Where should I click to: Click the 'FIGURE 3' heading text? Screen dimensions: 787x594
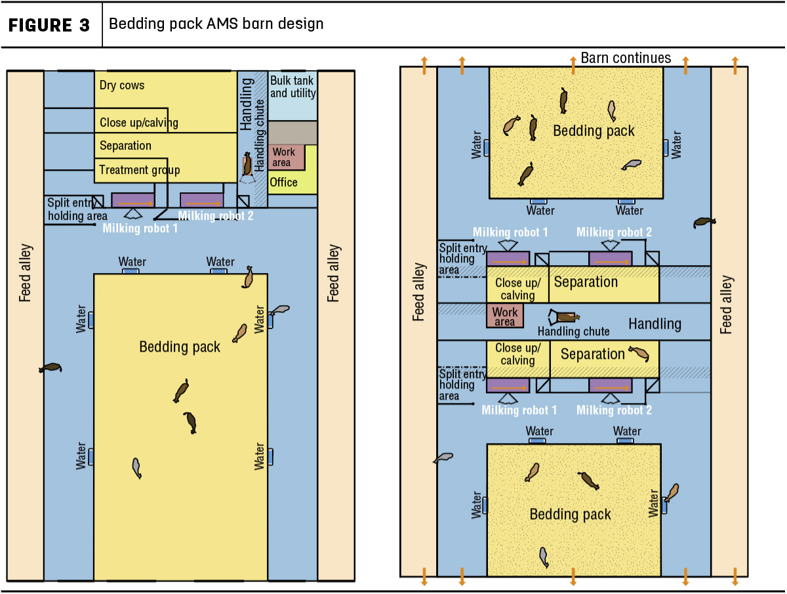point(49,25)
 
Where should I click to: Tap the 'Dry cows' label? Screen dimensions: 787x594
point(122,85)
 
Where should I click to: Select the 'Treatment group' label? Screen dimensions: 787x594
point(140,169)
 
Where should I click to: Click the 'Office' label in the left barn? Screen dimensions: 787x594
point(283,182)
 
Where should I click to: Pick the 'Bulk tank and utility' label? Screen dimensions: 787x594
point(293,87)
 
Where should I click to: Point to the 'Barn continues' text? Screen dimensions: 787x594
point(626,58)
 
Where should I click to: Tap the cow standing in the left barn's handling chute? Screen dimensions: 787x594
point(247,164)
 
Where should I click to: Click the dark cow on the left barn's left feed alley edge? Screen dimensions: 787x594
point(50,368)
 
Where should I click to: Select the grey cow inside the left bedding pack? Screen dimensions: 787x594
point(136,468)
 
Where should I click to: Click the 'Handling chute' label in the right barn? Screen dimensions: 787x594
point(573,331)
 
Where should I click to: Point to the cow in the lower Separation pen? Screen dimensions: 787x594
point(639,354)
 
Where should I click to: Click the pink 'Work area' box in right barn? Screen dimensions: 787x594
point(504,316)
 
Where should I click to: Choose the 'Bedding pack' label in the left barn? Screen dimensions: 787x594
point(180,347)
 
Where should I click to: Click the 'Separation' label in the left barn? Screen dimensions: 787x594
point(125,146)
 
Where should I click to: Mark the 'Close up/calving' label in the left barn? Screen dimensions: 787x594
point(139,123)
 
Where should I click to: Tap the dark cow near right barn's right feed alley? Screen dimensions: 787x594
point(704,223)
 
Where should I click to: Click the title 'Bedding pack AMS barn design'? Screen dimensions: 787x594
point(216,24)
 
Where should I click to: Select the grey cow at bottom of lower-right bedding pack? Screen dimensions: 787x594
point(544,557)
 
